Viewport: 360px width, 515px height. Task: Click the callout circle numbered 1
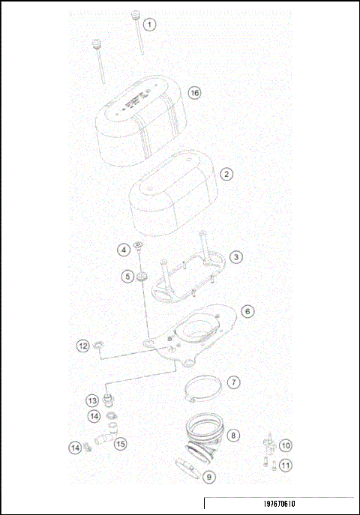click(x=150, y=24)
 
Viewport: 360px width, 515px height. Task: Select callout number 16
click(x=195, y=93)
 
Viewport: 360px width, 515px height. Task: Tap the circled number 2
click(x=226, y=172)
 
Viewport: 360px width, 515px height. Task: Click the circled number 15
click(x=121, y=443)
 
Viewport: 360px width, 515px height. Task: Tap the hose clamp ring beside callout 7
click(x=204, y=388)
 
